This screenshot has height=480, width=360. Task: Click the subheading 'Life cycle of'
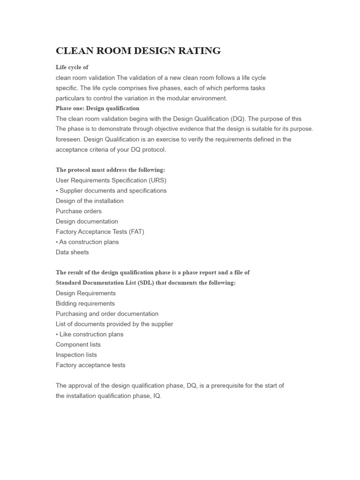point(72,67)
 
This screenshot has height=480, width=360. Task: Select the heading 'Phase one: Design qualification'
point(97,108)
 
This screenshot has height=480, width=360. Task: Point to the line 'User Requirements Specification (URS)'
point(111,180)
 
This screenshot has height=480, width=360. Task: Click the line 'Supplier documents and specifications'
point(112,191)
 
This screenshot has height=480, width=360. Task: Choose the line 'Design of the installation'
point(90,201)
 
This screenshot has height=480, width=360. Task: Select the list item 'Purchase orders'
point(78,211)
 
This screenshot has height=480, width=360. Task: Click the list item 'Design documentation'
point(87,222)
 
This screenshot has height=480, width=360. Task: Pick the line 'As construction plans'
point(89,242)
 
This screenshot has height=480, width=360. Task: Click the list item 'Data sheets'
point(72,252)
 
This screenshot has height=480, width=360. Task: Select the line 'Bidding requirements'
point(85,304)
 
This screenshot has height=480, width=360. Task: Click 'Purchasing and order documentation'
point(107,314)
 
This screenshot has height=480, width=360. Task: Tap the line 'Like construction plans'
point(91,335)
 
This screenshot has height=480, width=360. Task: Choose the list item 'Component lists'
point(78,345)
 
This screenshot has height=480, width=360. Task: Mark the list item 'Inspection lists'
point(76,355)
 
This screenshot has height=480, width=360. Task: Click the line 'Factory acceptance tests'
point(90,365)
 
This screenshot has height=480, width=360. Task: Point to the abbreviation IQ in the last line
point(156,396)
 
